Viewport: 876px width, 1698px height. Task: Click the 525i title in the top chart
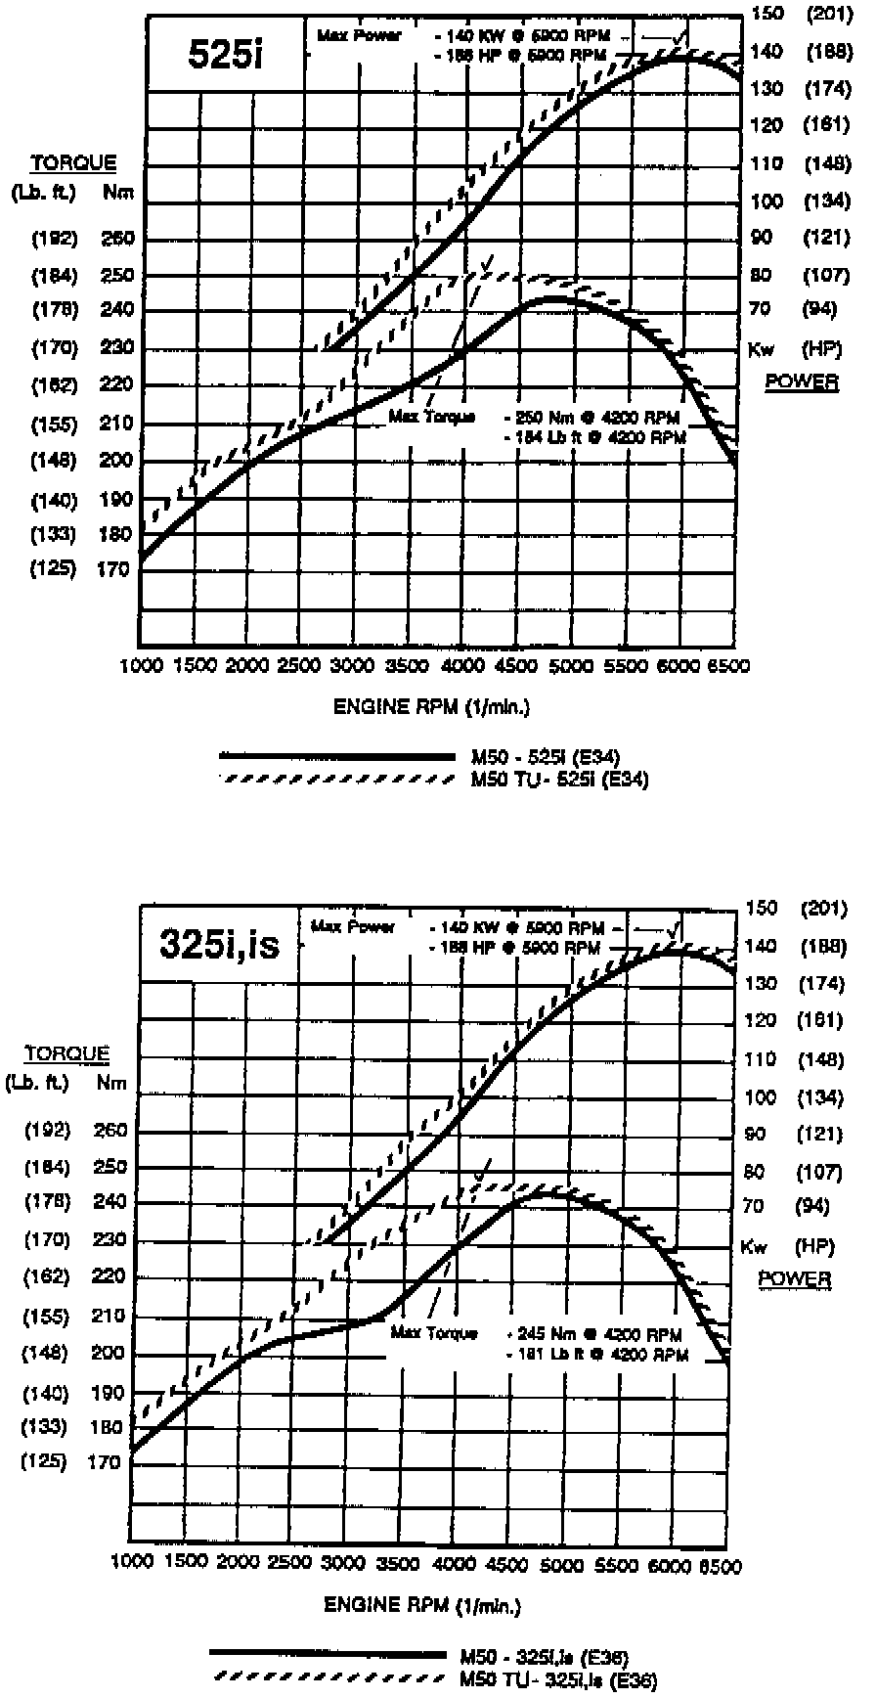pos(226,56)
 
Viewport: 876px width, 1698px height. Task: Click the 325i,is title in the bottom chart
pos(219,946)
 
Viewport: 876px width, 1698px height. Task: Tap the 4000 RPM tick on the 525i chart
pos(456,666)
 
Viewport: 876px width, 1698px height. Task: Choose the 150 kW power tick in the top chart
pos(767,13)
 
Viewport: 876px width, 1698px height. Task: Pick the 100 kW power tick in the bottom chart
pos(761,1097)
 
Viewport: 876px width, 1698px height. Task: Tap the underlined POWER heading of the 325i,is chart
pos(794,1278)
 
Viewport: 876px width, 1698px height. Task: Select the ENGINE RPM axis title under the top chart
pos(432,707)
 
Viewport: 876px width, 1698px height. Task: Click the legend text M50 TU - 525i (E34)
pos(559,780)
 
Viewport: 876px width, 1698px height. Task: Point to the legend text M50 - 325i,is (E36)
pos(544,1657)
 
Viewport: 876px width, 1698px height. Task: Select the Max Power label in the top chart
pos(358,36)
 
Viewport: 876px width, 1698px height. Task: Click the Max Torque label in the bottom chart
pos(433,1332)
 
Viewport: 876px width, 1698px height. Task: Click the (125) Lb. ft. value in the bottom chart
pos(45,1461)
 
